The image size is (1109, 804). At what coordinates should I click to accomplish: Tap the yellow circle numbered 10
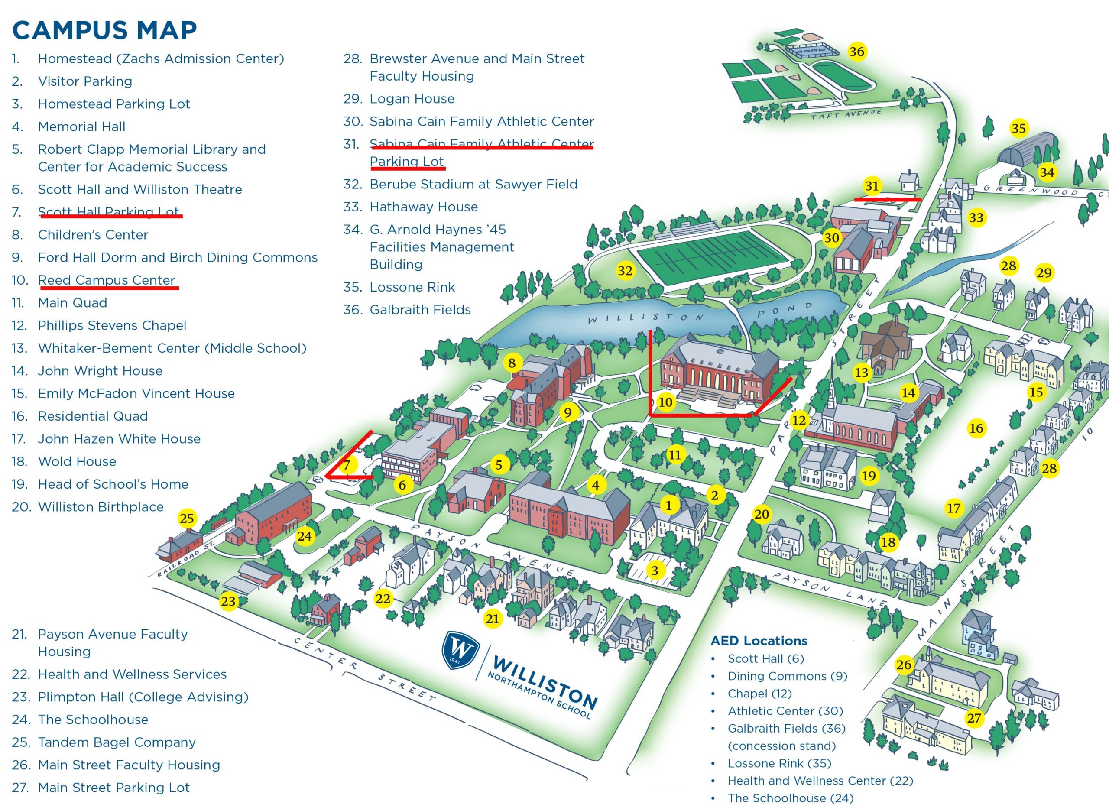click(x=665, y=402)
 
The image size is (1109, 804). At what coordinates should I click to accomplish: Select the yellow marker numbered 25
click(x=187, y=518)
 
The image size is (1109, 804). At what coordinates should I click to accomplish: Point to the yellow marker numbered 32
click(x=625, y=270)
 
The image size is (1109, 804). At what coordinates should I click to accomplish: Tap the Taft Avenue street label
click(x=846, y=114)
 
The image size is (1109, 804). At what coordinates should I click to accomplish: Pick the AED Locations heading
click(x=759, y=641)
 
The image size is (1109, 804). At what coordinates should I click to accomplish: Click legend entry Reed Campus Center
click(x=106, y=280)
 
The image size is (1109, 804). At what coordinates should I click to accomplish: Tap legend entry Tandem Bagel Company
click(x=117, y=742)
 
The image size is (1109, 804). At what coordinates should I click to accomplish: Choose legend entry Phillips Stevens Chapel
click(x=112, y=325)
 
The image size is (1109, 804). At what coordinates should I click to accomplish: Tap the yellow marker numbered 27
click(x=973, y=718)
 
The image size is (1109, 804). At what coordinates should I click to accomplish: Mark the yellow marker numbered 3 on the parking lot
click(x=654, y=570)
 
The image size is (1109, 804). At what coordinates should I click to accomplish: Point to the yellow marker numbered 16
click(x=976, y=428)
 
